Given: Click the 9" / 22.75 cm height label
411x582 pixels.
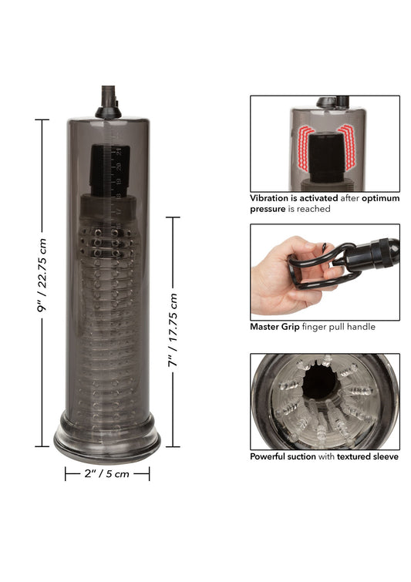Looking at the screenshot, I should [x=42, y=281].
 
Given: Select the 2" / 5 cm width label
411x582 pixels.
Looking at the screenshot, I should [x=106, y=474].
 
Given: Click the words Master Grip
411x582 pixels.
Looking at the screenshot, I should [x=275, y=327].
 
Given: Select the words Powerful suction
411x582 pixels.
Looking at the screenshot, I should [x=283, y=456].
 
